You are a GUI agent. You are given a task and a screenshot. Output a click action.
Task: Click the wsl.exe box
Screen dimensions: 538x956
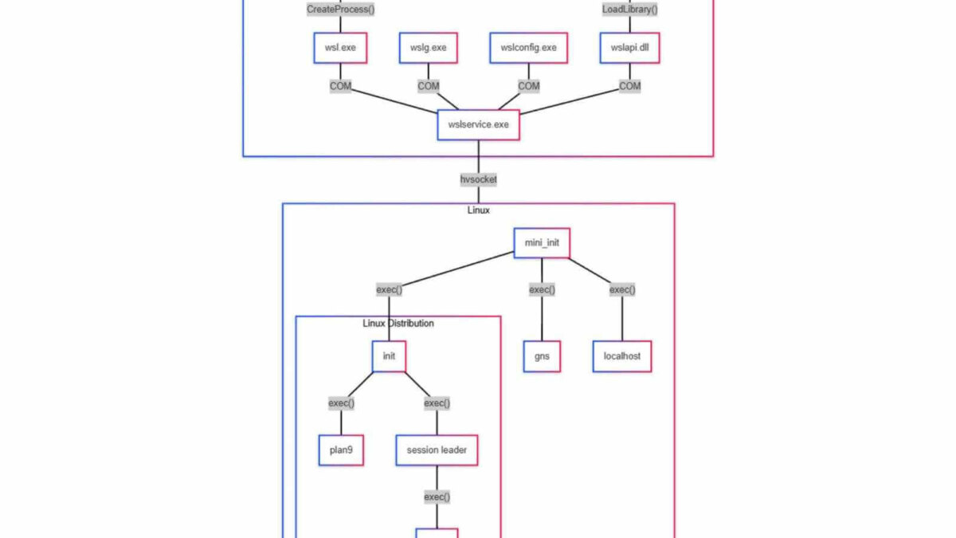pyautogui.click(x=340, y=48)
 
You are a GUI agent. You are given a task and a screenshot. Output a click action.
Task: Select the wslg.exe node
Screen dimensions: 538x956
pyautogui.click(x=429, y=48)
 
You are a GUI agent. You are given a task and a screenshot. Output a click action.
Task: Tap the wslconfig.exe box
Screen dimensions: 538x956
pyautogui.click(x=528, y=48)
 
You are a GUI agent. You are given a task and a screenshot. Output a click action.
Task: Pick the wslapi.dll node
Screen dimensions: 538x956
pyautogui.click(x=629, y=48)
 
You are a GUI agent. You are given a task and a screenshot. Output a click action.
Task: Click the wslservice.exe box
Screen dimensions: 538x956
pyautogui.click(x=478, y=124)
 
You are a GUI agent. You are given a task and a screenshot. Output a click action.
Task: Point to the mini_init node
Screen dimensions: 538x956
pyautogui.click(x=542, y=242)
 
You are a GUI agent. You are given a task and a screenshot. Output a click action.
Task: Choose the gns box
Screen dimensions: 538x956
pyautogui.click(x=542, y=356)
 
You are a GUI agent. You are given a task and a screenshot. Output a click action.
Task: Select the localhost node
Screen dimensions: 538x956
pyautogui.click(x=621, y=356)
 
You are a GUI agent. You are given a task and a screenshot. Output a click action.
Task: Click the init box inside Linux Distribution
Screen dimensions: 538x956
pyautogui.click(x=389, y=356)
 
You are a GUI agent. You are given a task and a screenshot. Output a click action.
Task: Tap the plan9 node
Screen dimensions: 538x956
pyautogui.click(x=341, y=450)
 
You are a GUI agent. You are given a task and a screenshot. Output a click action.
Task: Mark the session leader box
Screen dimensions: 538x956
pyautogui.click(x=437, y=450)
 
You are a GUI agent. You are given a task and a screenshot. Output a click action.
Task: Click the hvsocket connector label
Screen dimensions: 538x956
pyautogui.click(x=478, y=179)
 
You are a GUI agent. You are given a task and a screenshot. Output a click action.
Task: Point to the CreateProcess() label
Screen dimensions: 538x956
pyautogui.click(x=340, y=10)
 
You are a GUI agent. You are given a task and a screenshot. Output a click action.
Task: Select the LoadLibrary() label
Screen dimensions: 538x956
pyautogui.click(x=629, y=10)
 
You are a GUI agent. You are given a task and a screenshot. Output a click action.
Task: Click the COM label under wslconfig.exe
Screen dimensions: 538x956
pyautogui.click(x=528, y=86)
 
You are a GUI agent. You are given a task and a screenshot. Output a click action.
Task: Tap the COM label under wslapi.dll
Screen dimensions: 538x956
pyautogui.click(x=629, y=86)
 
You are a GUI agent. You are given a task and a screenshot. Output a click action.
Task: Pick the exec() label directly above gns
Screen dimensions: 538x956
pyautogui.click(x=542, y=289)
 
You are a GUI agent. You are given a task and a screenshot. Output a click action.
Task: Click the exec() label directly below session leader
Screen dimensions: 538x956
pyautogui.click(x=437, y=497)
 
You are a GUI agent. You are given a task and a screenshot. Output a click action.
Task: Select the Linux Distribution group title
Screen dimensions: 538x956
pyautogui.click(x=398, y=324)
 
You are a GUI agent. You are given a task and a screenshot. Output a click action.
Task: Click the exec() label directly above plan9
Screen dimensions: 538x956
pyautogui.click(x=341, y=403)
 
